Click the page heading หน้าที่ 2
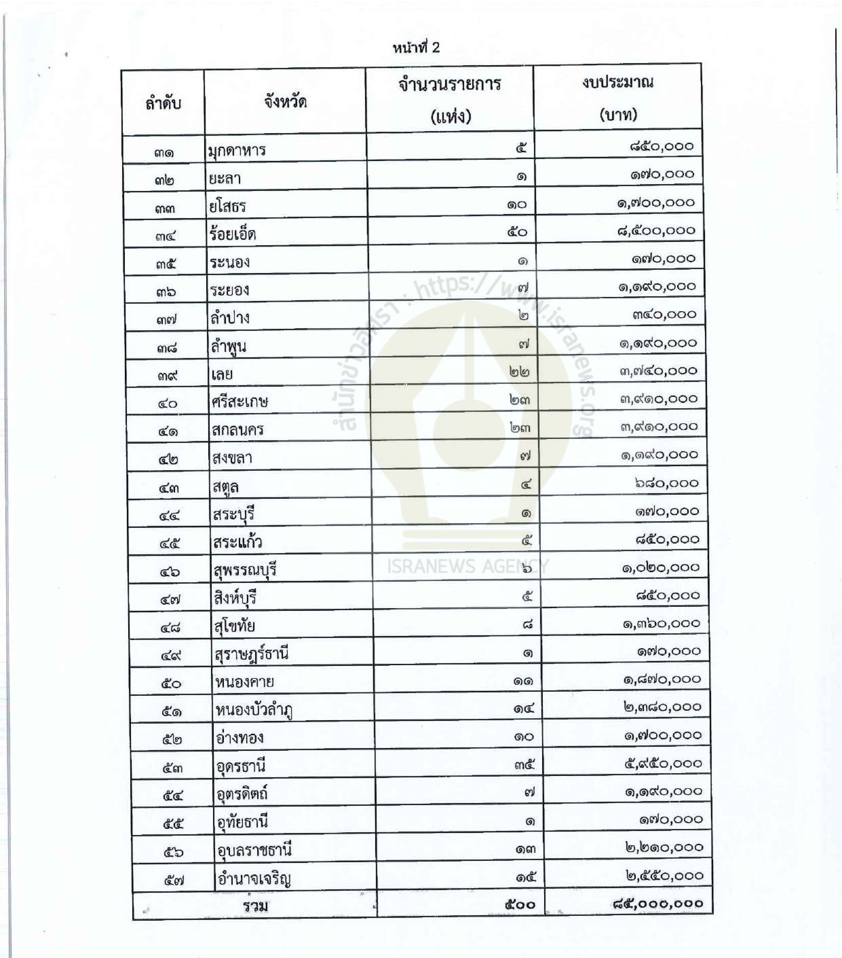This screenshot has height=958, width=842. [x=416, y=47]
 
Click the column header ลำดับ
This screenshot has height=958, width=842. [x=163, y=103]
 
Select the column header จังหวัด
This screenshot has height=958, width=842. [x=285, y=101]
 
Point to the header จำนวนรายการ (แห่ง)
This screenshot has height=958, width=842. [x=450, y=100]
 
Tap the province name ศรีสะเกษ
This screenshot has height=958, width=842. [x=239, y=402]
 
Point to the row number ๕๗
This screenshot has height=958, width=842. [x=174, y=881]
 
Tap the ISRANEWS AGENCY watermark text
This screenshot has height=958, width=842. [x=467, y=567]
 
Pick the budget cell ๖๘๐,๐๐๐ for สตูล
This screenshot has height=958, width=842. [x=667, y=483]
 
